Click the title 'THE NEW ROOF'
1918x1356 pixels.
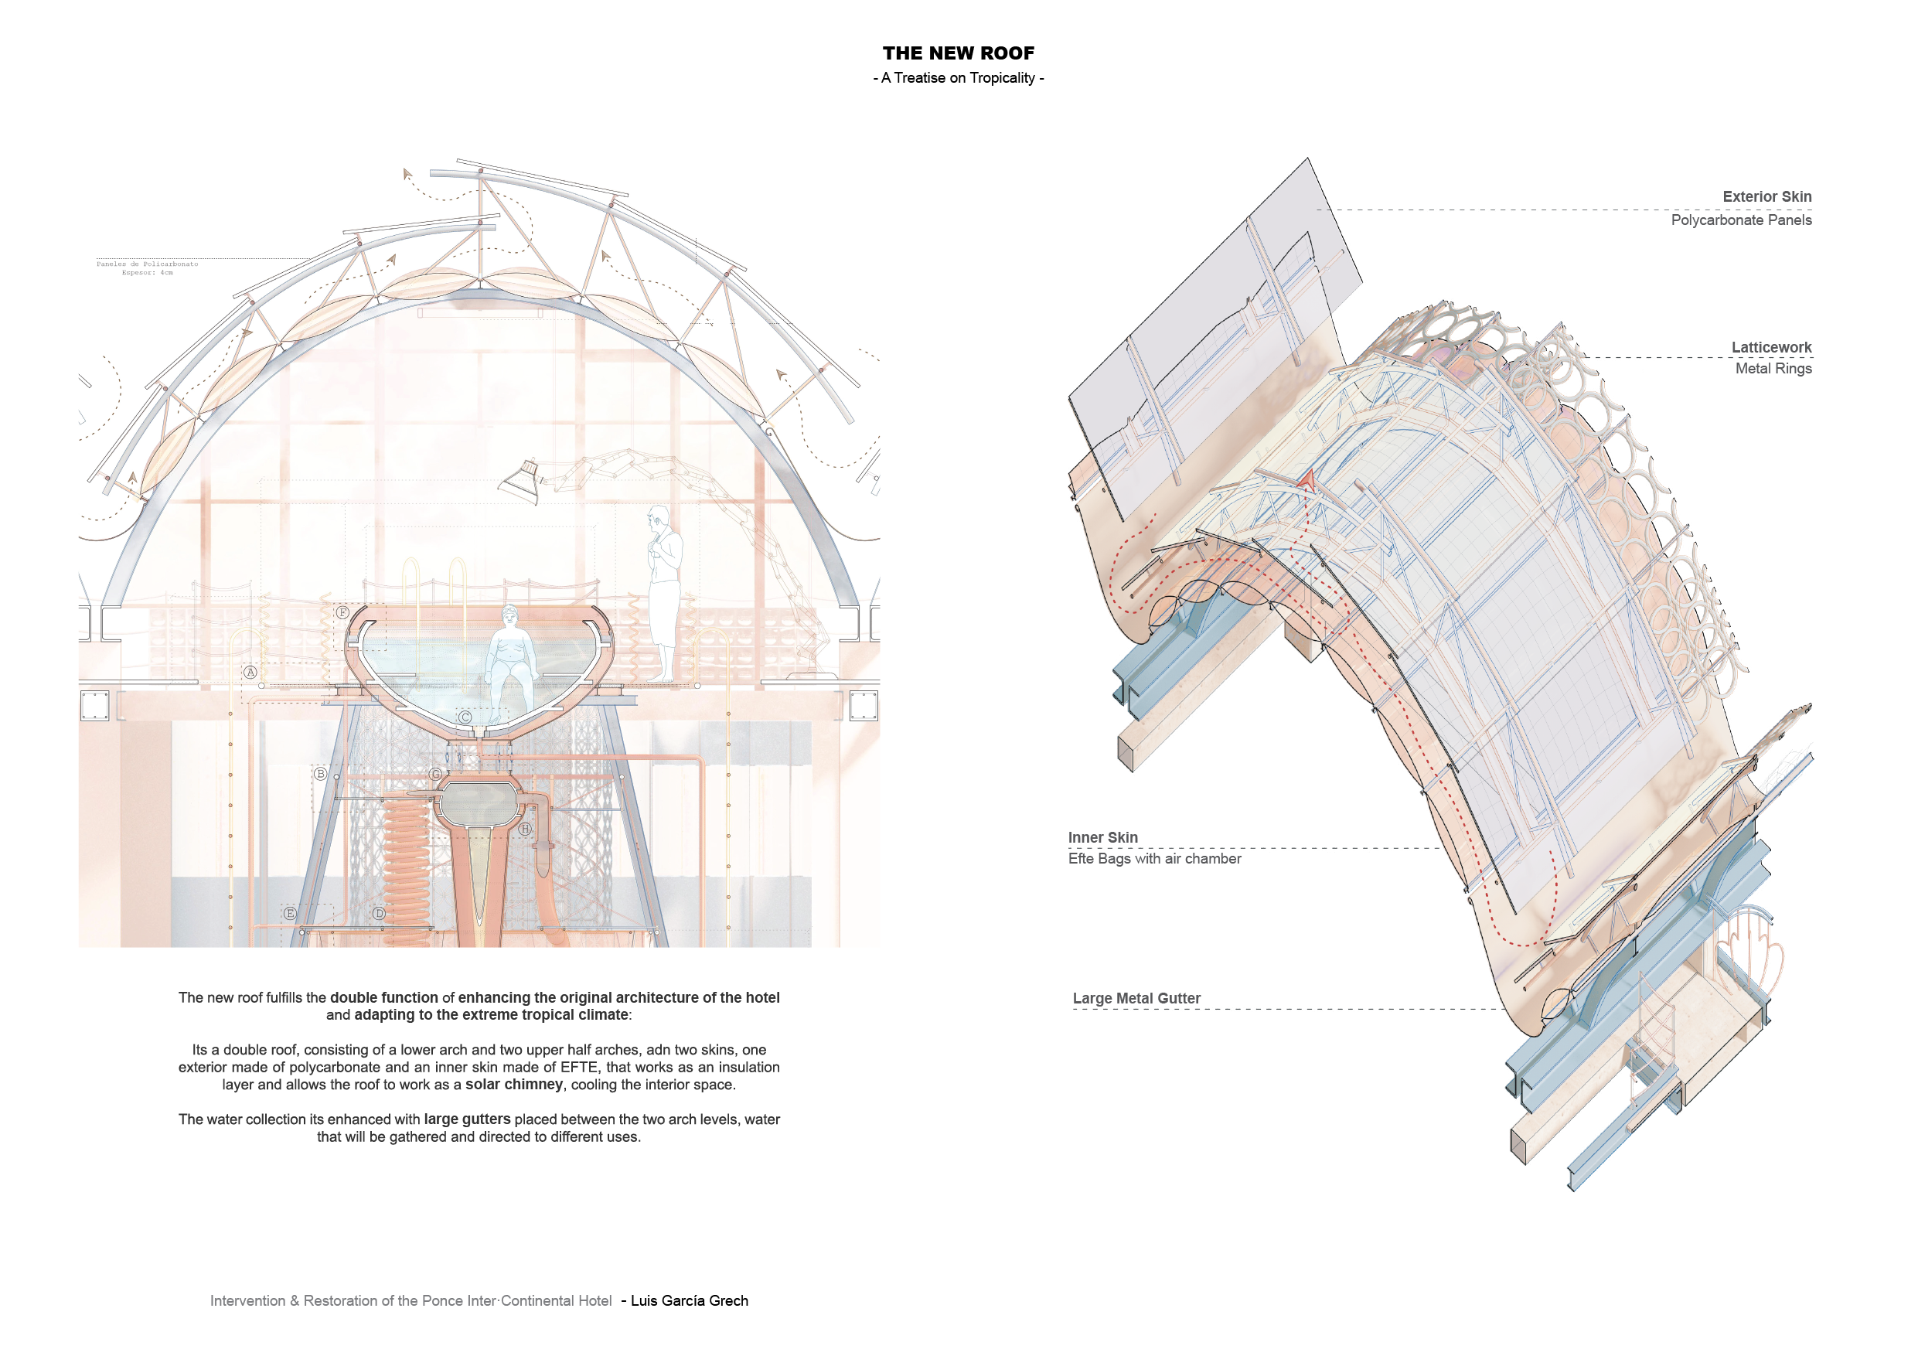958,53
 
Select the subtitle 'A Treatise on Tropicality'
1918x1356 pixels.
958,78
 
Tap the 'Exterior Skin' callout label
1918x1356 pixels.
1766,196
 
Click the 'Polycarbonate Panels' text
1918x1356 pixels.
1741,220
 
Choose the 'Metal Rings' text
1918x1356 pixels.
1773,369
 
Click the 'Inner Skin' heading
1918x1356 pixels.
1102,837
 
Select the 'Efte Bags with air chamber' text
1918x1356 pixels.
1154,859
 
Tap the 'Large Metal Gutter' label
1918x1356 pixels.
1136,998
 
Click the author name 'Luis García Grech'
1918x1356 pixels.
689,1301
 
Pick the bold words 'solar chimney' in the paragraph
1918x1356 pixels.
514,1085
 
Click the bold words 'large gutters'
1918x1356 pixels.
467,1119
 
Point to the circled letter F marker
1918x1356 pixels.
342,612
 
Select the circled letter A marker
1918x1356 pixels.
250,672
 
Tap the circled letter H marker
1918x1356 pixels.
525,829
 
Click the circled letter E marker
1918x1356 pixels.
290,913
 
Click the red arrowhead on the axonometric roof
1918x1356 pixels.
1307,480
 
